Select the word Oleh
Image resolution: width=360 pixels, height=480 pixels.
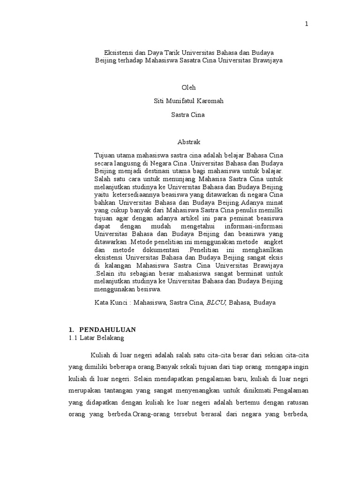point(188,88)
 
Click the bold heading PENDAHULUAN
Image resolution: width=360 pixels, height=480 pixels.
point(107,330)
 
